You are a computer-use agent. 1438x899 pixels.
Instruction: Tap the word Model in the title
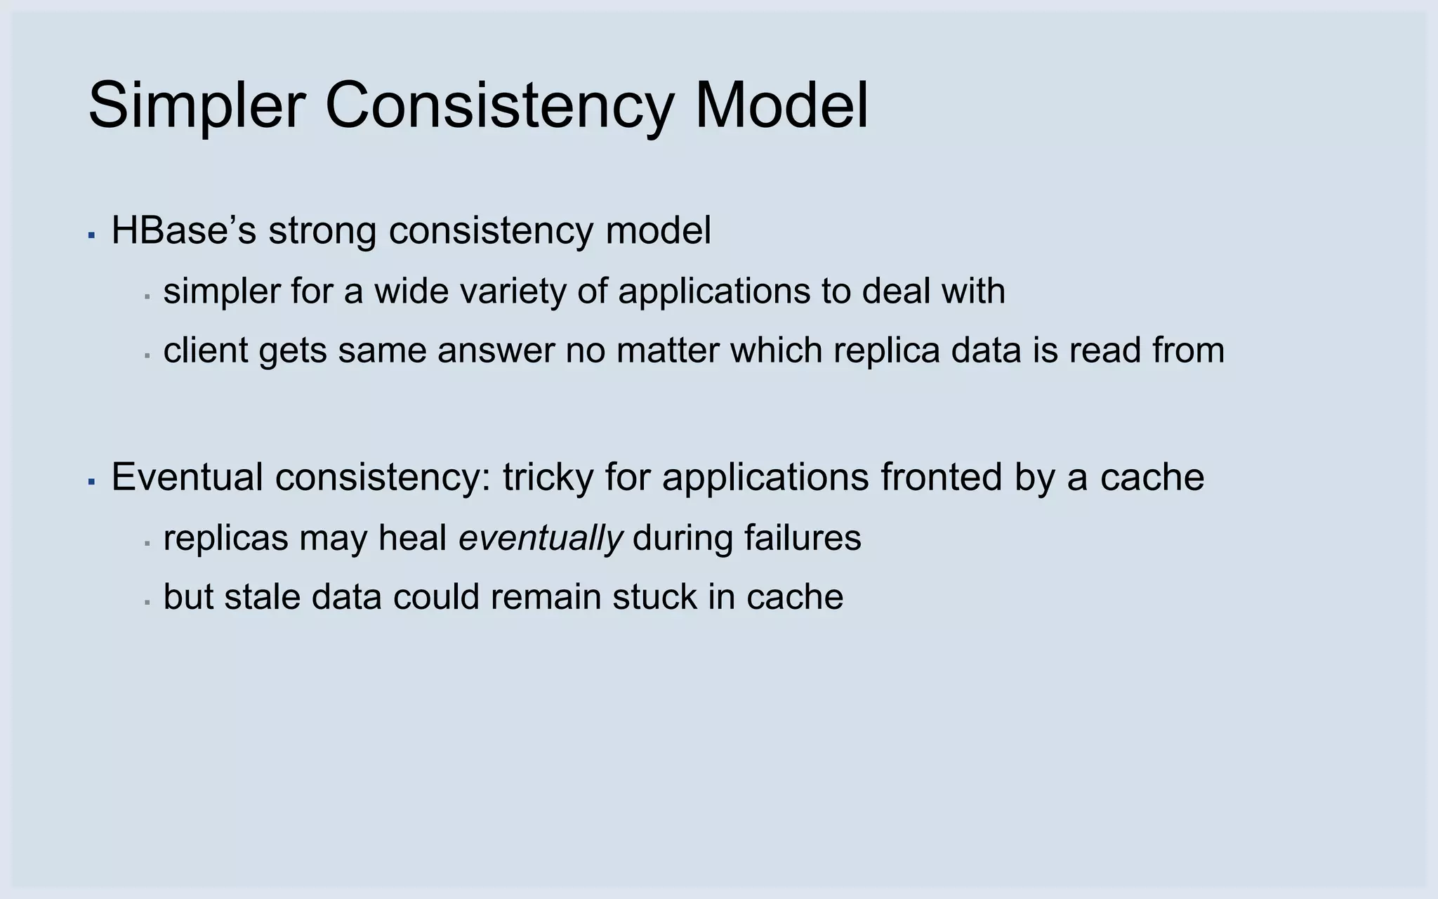pos(781,107)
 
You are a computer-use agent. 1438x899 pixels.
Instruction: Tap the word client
pos(205,350)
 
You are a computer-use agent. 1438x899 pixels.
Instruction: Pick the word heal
pos(413,538)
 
